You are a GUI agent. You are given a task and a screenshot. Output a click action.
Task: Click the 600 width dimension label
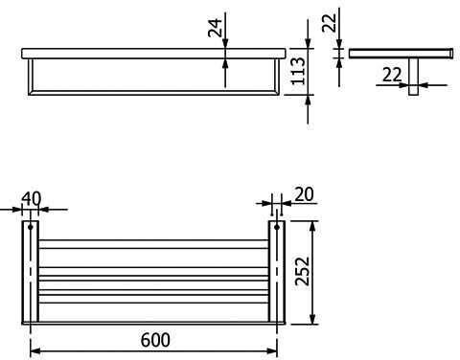click(x=155, y=340)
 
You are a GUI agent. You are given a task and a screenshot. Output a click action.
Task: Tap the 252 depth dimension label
click(x=302, y=271)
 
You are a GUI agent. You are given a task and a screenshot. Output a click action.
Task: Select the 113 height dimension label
click(x=298, y=71)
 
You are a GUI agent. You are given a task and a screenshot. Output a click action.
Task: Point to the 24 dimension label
click(x=215, y=28)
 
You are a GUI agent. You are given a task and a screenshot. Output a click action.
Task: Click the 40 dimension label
click(x=32, y=198)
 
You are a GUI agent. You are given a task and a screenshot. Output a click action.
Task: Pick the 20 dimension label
click(x=304, y=194)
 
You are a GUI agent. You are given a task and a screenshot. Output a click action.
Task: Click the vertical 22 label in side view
click(x=330, y=23)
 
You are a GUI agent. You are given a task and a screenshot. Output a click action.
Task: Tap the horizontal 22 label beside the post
click(x=392, y=75)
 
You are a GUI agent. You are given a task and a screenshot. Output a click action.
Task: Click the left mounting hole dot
click(x=31, y=227)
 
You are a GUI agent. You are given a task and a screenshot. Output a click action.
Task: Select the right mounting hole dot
click(x=277, y=227)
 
